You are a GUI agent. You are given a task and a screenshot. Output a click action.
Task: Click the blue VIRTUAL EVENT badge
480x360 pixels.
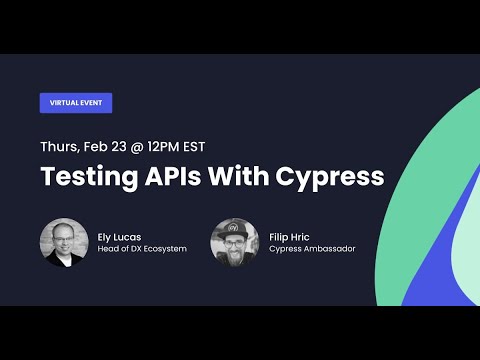(75, 103)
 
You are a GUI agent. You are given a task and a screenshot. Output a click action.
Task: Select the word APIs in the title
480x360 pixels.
(180, 178)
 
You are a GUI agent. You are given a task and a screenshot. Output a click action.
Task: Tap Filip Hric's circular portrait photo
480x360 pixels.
(234, 242)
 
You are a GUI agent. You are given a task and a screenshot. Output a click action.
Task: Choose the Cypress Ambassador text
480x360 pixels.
(312, 249)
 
